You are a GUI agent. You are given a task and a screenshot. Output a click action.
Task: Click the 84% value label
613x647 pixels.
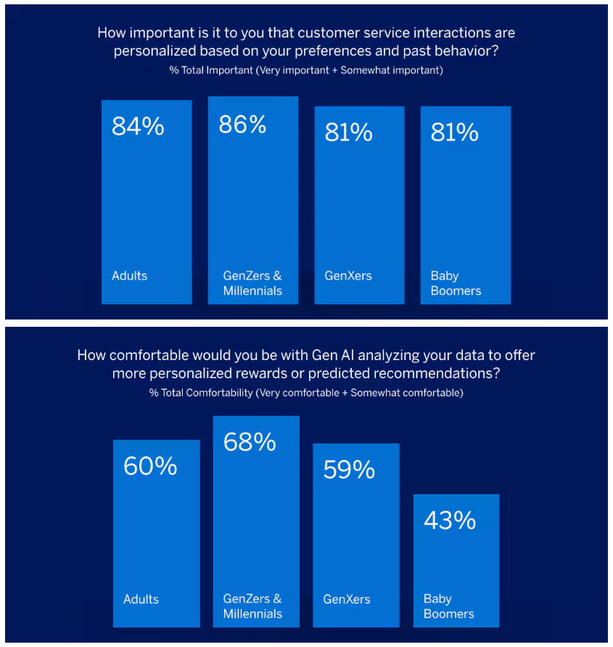coord(138,126)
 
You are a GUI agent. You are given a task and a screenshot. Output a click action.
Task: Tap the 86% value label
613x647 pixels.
coord(243,124)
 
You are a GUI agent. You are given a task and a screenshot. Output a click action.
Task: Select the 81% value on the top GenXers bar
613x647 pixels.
coord(349,133)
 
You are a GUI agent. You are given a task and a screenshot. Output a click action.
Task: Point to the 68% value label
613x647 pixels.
coord(250,442)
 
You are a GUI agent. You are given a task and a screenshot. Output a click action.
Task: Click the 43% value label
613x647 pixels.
coord(450,520)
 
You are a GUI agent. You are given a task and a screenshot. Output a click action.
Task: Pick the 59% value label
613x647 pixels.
coord(349,469)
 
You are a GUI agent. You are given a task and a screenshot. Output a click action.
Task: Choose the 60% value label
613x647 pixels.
coord(150,466)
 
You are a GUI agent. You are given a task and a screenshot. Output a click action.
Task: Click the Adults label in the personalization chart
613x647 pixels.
coord(129,276)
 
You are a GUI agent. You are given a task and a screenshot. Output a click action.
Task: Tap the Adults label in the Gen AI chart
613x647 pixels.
coord(141,599)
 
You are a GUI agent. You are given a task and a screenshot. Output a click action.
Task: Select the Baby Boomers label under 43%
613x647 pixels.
coord(448,606)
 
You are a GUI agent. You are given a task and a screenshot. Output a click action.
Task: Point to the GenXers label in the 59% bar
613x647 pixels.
coord(347,599)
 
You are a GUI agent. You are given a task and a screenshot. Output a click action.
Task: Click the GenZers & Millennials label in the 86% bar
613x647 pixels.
coord(252,283)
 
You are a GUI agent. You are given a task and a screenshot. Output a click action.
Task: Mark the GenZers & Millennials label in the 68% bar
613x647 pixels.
coord(252,606)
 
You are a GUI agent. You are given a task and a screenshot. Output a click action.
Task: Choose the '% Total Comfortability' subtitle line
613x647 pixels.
coord(305,393)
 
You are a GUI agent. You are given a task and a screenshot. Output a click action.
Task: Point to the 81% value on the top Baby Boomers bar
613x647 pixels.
coord(455,133)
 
